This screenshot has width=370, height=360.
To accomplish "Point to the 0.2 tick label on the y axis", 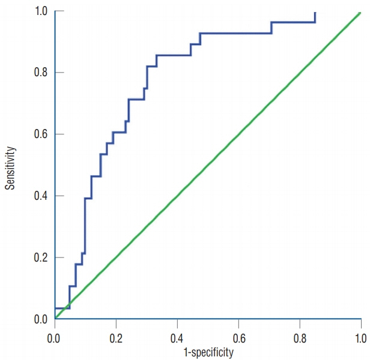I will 40,258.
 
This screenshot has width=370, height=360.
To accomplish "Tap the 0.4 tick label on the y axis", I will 40,196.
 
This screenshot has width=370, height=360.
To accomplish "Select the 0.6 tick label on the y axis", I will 40,134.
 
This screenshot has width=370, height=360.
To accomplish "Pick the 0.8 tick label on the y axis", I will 40,73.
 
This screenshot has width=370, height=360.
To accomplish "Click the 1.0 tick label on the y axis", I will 40,11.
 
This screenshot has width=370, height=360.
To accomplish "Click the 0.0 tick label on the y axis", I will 40,319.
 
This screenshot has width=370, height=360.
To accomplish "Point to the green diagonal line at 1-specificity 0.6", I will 238,135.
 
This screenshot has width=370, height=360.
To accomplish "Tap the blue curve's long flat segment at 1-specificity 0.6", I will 238,34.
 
